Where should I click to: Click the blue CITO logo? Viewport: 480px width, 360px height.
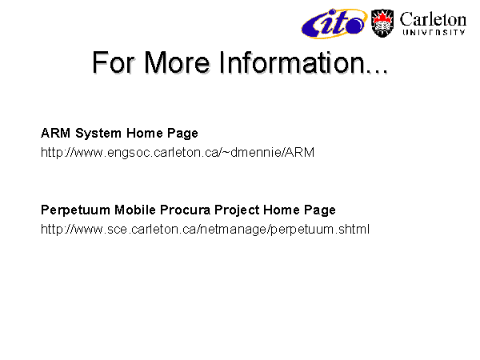pyautogui.click(x=334, y=23)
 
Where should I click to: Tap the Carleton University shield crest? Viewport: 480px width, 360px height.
pyautogui.click(x=382, y=23)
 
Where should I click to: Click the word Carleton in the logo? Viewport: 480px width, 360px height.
pyautogui.click(x=433, y=19)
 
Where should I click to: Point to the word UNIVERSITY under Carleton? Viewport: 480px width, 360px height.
pyautogui.click(x=434, y=33)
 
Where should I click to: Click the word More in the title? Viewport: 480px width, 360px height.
pyautogui.click(x=177, y=62)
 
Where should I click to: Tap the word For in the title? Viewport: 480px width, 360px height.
pyautogui.click(x=114, y=62)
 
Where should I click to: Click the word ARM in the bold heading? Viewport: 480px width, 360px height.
pyautogui.click(x=56, y=133)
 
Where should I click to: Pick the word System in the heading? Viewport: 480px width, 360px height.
pyautogui.click(x=98, y=134)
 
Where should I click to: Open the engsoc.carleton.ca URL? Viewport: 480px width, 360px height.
pyautogui.click(x=178, y=153)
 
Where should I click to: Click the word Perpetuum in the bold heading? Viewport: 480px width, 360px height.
pyautogui.click(x=75, y=210)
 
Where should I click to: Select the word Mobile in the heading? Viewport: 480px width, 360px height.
pyautogui.click(x=135, y=210)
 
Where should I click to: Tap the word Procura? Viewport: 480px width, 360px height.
pyautogui.click(x=186, y=210)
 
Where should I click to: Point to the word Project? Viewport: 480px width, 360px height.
pyautogui.click(x=237, y=210)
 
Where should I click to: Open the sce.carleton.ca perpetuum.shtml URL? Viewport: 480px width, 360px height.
pyautogui.click(x=205, y=230)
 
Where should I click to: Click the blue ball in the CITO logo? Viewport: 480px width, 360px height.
pyautogui.click(x=355, y=25)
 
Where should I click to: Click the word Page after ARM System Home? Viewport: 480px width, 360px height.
pyautogui.click(x=182, y=134)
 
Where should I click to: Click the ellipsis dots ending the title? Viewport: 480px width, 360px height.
pyautogui.click(x=377, y=71)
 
